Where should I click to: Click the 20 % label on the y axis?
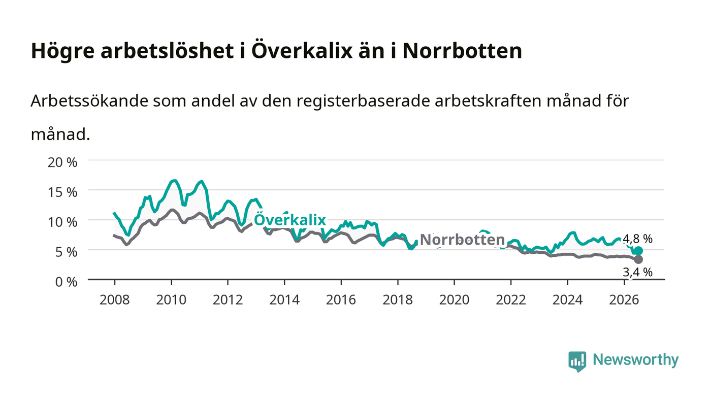pos(62,162)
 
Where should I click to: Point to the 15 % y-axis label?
pos(62,192)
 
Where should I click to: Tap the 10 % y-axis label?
pos(62,222)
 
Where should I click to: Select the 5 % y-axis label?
pos(67,252)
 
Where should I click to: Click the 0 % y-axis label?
pos(67,282)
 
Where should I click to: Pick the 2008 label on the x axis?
pos(115,300)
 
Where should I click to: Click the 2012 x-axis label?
pos(228,300)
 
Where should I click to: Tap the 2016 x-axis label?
pos(341,300)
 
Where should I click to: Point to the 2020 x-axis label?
pos(454,300)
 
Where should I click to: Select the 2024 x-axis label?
pos(568,300)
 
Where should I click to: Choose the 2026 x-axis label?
pos(624,300)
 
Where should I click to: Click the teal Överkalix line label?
pos(290,220)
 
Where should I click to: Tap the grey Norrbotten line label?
pos(463,240)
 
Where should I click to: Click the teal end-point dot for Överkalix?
pos(638,251)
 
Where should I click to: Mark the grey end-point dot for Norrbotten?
pos(638,259)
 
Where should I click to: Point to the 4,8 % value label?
pos(638,239)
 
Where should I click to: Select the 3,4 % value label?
pos(638,272)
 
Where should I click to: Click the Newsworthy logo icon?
pos(577,361)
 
